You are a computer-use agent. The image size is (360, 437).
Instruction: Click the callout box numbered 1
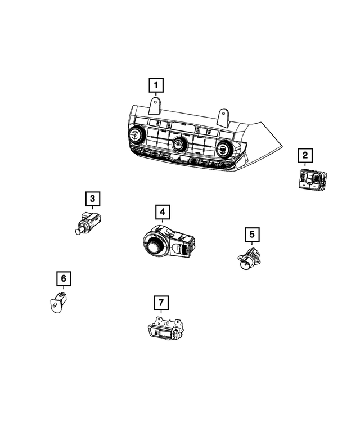coord(156,85)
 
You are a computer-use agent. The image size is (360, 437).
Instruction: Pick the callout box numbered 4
coord(161,212)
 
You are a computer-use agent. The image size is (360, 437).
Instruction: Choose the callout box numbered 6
coord(63,278)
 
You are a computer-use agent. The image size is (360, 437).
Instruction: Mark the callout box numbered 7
coord(161,303)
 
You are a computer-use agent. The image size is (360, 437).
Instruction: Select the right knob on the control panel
coord(223,150)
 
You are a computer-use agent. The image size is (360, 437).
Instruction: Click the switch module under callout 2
coord(310,179)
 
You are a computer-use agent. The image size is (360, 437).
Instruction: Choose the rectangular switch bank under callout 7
coord(164,330)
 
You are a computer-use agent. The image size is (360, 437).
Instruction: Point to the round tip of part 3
coord(76,231)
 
